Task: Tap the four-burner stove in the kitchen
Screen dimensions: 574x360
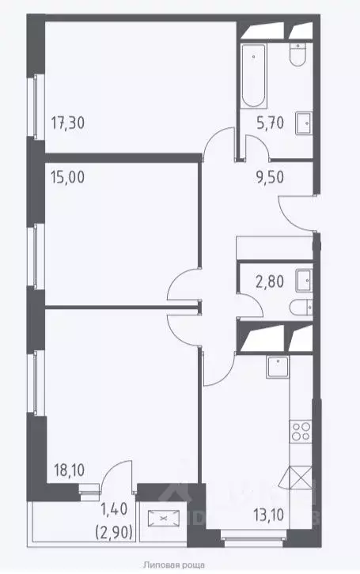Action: [x=301, y=432]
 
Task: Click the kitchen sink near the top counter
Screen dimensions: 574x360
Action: [x=278, y=364]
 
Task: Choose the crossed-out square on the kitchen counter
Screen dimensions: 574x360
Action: [x=302, y=479]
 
